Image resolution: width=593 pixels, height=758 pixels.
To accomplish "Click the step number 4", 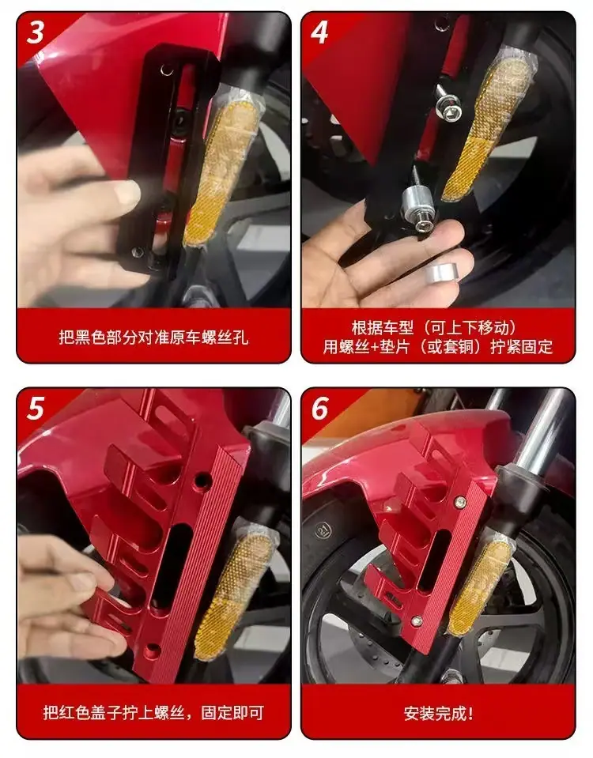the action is pos(319,32).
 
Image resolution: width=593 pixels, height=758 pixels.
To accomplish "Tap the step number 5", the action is pos(35,409).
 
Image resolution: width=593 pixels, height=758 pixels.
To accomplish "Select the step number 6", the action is pos(319,409).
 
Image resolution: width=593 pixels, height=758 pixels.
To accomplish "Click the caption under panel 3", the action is pos(154,337).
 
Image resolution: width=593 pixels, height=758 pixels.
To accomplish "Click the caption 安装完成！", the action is pos(439,713).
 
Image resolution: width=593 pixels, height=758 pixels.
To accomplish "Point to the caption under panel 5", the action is pos(154,713).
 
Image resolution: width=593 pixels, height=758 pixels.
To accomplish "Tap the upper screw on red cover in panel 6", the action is pos(460,501).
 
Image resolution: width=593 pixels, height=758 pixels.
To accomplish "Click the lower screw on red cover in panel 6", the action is pos(417,620).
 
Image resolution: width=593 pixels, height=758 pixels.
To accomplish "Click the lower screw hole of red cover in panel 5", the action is pos(151,651).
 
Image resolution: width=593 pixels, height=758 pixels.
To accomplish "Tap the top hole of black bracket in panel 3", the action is pos(167,71).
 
